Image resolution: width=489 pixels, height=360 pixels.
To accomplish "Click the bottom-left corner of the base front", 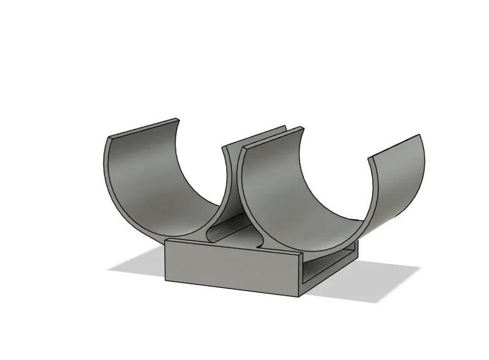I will [x=166, y=281].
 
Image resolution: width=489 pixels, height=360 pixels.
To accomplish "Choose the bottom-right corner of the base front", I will [x=300, y=296].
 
